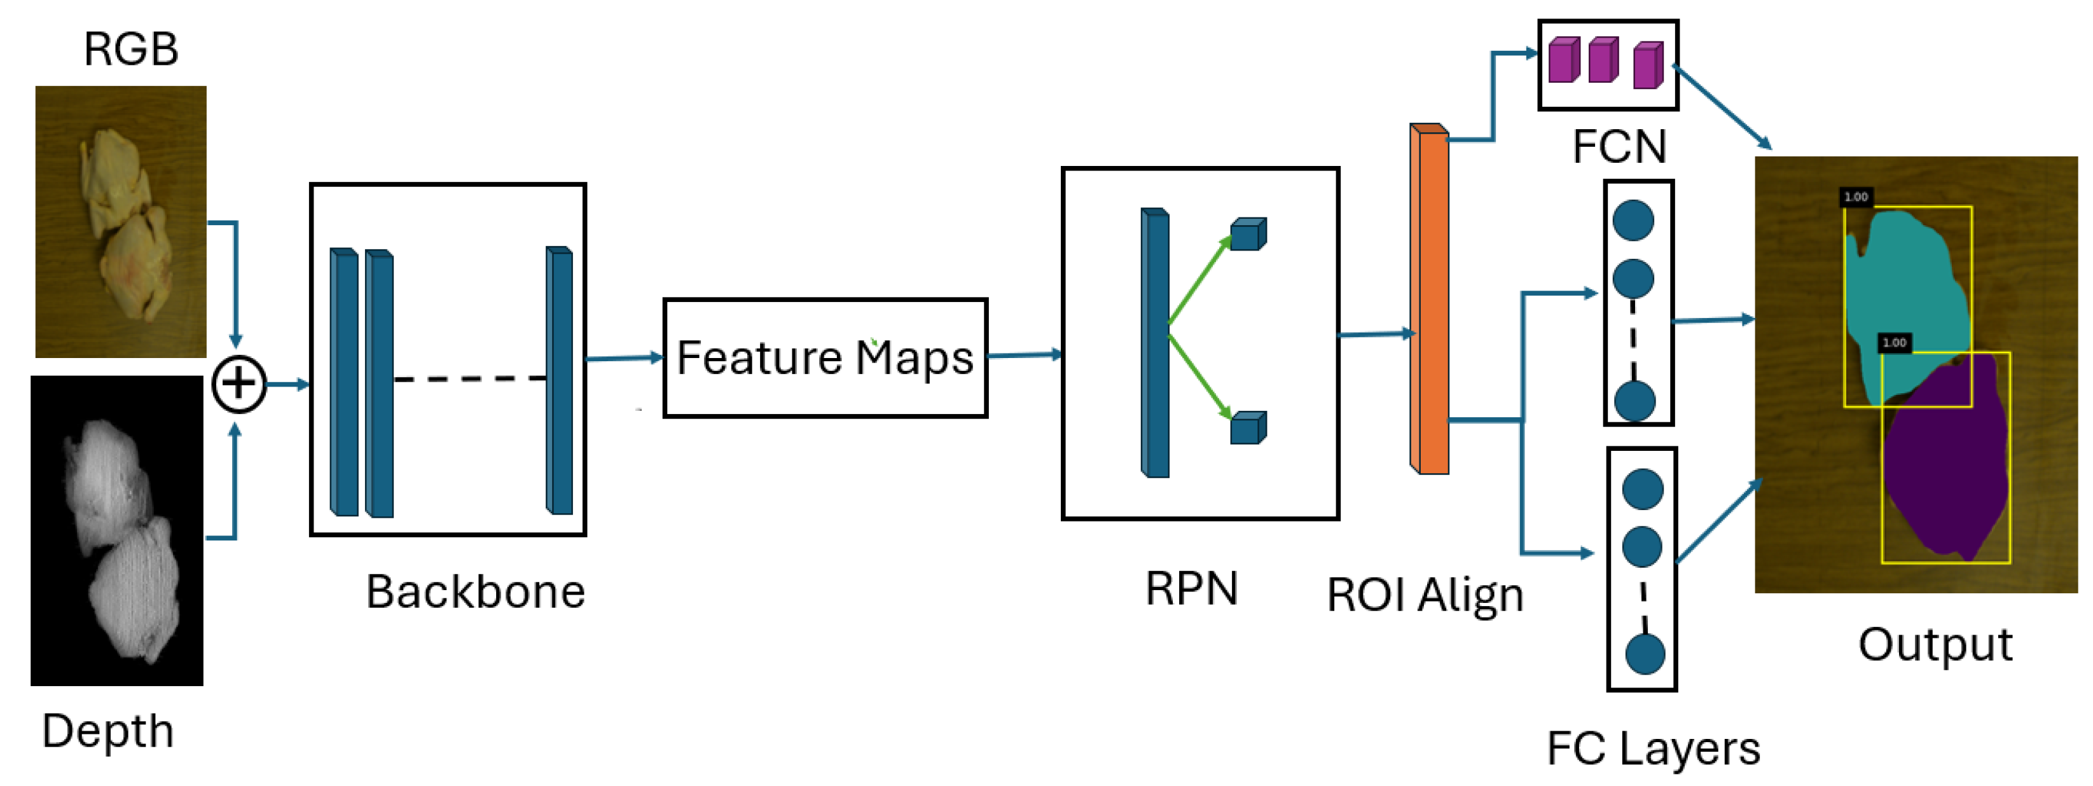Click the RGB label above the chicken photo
(x=131, y=50)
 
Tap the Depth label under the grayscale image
(x=108, y=731)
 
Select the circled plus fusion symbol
(x=239, y=383)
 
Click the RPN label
(x=1191, y=588)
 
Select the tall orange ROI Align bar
(x=1429, y=301)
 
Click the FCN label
(x=1619, y=146)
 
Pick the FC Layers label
(x=1653, y=748)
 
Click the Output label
(x=1935, y=645)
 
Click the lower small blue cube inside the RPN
(x=1247, y=429)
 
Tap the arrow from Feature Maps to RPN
(x=1024, y=355)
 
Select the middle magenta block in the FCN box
(x=1602, y=60)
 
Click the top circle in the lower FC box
(x=1642, y=489)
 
